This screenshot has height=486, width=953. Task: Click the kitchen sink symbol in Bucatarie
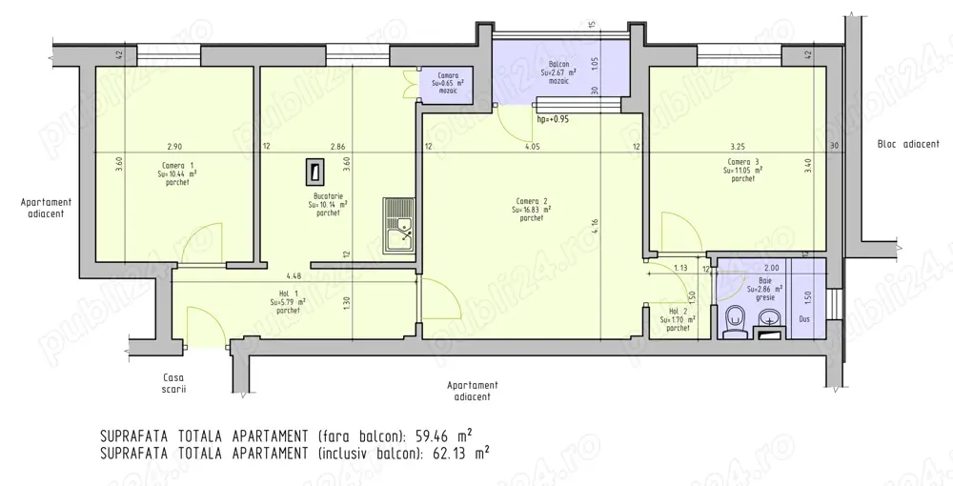(x=399, y=226)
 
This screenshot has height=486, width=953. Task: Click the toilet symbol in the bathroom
(x=733, y=321)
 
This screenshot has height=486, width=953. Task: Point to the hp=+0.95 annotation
(x=554, y=120)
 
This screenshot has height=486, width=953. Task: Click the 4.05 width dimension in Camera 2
(x=532, y=147)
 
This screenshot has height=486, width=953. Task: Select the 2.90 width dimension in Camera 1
(x=173, y=147)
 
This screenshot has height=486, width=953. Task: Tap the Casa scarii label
(x=173, y=383)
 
